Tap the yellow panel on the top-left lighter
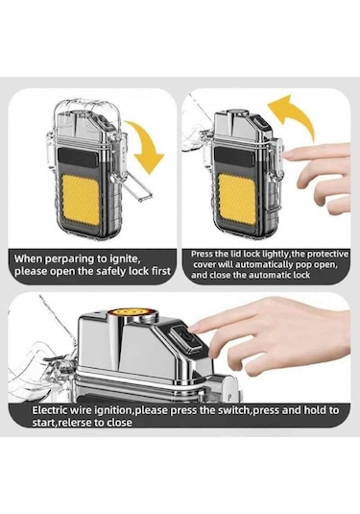[81, 200]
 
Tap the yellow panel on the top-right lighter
[237, 199]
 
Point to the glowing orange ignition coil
[133, 310]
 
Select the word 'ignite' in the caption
[126, 258]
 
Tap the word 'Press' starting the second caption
[201, 254]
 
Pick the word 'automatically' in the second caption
[264, 264]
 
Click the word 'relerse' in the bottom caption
[74, 422]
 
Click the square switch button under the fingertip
[190, 340]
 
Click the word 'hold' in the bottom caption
[312, 409]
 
